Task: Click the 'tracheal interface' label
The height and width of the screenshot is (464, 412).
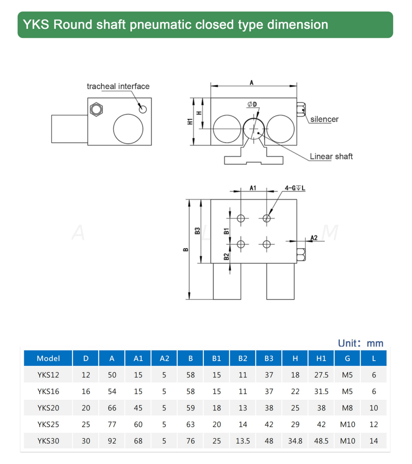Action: click(x=118, y=86)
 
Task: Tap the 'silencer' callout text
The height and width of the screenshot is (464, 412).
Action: click(x=324, y=119)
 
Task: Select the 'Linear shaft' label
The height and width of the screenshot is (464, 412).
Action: click(x=331, y=157)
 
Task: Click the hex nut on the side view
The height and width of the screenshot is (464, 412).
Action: click(x=96, y=110)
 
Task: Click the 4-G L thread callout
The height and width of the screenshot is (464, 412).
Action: click(x=294, y=188)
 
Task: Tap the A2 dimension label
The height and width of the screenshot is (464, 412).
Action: click(x=314, y=238)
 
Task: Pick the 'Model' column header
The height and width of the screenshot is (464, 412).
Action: click(x=48, y=358)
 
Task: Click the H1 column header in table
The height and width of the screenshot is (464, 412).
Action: click(x=321, y=358)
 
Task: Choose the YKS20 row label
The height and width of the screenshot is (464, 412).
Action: click(x=48, y=408)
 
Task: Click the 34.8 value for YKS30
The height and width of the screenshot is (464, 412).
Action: click(x=295, y=441)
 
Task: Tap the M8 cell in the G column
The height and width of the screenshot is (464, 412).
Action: click(x=348, y=408)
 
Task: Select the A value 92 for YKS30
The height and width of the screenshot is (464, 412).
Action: click(x=112, y=441)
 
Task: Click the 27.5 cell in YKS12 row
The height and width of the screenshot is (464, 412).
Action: click(x=321, y=375)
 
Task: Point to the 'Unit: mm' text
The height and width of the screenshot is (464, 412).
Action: click(x=361, y=343)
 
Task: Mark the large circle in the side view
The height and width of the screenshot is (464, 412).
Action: click(x=128, y=129)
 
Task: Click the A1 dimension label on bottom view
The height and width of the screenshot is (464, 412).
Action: click(x=253, y=188)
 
